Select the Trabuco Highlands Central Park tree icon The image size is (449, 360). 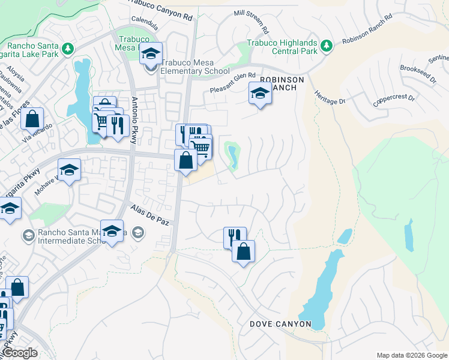pyautogui.click(x=327, y=46)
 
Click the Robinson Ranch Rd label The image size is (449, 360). pyautogui.click(x=367, y=37)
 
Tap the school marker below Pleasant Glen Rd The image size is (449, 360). pyautogui.click(x=260, y=93)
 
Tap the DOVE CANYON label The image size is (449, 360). pyautogui.click(x=280, y=324)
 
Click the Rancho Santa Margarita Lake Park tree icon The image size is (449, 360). pyautogui.click(x=68, y=47)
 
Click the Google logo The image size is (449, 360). pyautogui.click(x=20, y=353)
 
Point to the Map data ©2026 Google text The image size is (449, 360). pyautogui.click(x=412, y=355)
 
